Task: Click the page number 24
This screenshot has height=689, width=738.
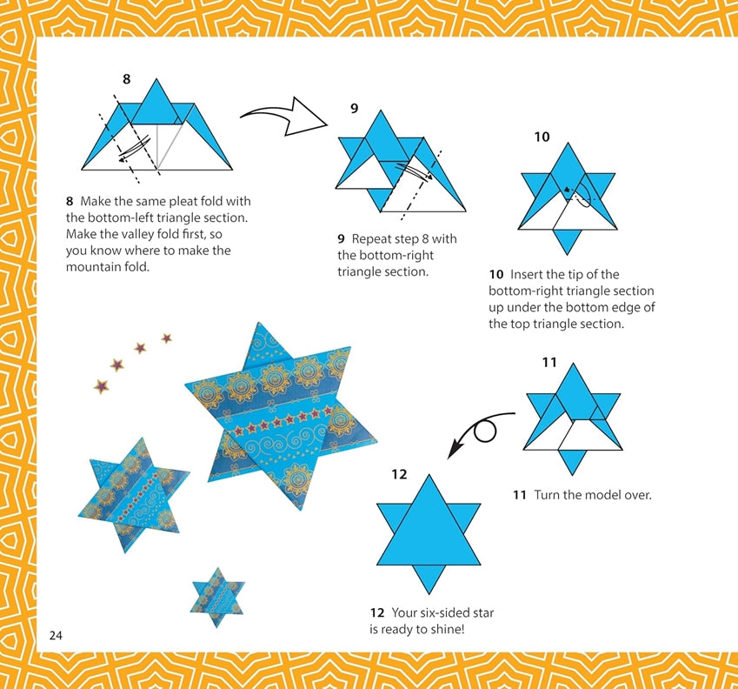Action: tap(56, 635)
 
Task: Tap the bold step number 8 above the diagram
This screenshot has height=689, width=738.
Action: tap(126, 79)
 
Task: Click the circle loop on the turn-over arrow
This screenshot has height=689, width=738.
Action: tap(485, 431)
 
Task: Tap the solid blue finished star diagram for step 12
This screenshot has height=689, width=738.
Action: tap(429, 534)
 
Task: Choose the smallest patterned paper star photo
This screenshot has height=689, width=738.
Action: tap(217, 597)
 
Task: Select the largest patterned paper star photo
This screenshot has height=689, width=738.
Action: tap(280, 417)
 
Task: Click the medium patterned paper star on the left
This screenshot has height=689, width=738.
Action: tap(134, 494)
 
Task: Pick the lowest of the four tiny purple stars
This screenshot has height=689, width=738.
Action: tap(101, 386)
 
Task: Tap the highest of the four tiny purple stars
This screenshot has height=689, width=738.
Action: tap(167, 338)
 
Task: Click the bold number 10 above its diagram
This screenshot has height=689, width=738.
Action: tap(542, 137)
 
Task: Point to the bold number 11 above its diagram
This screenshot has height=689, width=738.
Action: tap(549, 363)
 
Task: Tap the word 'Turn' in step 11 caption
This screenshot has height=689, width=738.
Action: tap(547, 495)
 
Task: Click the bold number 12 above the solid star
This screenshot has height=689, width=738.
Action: tap(399, 474)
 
